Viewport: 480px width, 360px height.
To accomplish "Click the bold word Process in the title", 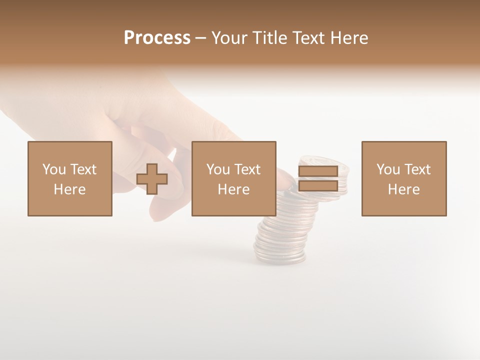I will [157, 37].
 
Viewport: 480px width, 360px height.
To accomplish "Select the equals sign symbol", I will [318, 178].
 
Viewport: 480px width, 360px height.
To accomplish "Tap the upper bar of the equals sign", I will [318, 171].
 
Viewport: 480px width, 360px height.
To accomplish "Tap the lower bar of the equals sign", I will [318, 185].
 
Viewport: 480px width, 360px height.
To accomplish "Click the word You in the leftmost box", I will [54, 169].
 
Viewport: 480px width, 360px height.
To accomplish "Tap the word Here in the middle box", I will [234, 189].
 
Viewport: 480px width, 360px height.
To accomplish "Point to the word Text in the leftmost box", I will [84, 169].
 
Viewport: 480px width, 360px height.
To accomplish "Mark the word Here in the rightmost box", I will [404, 189].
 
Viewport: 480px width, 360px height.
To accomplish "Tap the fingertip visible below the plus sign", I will [160, 212].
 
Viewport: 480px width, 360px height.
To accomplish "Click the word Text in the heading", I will [307, 37].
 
